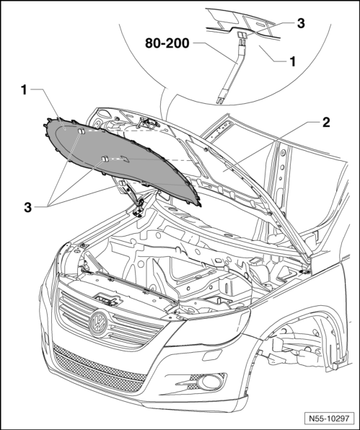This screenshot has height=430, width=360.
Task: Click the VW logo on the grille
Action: pyautogui.click(x=98, y=324)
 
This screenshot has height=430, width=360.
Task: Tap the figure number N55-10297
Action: pyautogui.click(x=329, y=418)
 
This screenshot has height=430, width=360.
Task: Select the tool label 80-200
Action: pyautogui.click(x=167, y=43)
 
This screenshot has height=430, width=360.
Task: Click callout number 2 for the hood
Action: pyautogui.click(x=326, y=123)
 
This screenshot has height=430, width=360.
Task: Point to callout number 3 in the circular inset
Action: pyautogui.click(x=301, y=23)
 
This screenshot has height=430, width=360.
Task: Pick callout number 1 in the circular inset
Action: pyautogui.click(x=293, y=61)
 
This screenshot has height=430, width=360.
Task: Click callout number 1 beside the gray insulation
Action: pyautogui.click(x=24, y=90)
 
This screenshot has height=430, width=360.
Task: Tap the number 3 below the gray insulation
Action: pyautogui.click(x=27, y=207)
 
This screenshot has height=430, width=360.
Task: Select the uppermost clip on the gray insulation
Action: pyautogui.click(x=82, y=131)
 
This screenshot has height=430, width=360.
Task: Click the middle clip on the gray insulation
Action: pyautogui.click(x=105, y=159)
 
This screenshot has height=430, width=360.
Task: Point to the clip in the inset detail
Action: pyautogui.click(x=242, y=35)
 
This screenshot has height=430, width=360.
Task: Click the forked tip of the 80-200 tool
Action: pyautogui.click(x=219, y=100)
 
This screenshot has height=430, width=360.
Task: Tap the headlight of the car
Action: pyautogui.click(x=208, y=327)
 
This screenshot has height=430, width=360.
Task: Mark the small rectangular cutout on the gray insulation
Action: pyautogui.click(x=125, y=159)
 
